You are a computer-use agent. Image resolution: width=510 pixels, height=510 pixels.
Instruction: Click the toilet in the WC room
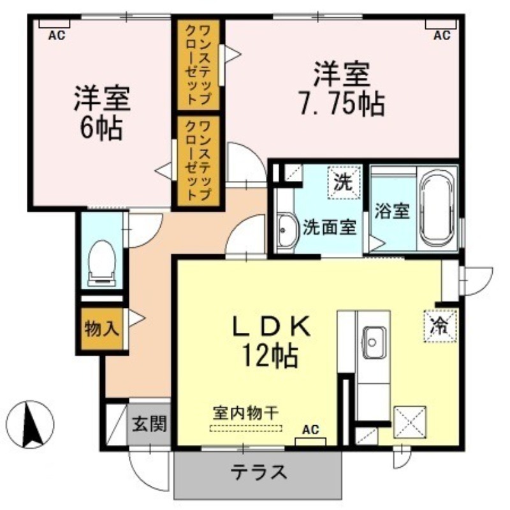coord(102,263)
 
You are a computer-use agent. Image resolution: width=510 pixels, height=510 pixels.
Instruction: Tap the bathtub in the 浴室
coord(437,209)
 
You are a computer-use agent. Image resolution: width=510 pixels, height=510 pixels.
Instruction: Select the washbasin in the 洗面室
coord(288,230)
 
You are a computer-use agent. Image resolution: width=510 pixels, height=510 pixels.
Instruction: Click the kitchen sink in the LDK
coord(374,342)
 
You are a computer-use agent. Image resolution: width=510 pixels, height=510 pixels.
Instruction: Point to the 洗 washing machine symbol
coord(344,182)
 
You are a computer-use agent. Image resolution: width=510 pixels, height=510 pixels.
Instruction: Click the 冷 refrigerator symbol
coord(441,326)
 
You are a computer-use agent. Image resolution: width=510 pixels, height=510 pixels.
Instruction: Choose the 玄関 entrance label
coord(149,423)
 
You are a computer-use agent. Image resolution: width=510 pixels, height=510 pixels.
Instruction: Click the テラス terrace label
coord(259,472)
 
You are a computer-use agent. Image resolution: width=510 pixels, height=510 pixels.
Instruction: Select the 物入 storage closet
coord(102,328)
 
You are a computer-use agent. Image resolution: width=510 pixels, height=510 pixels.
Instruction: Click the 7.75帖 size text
coord(342,104)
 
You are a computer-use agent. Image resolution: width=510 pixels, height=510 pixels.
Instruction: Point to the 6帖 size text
coord(101,128)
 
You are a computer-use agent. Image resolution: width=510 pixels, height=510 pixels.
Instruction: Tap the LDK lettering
coord(271,326)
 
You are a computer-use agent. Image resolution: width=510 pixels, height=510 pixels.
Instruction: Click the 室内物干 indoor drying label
coord(246,413)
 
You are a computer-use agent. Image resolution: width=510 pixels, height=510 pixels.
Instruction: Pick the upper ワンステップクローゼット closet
coord(198,66)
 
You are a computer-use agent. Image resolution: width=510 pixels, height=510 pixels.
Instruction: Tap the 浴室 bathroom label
coord(391,211)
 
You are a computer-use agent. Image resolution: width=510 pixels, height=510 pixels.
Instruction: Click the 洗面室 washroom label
coord(330,228)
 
